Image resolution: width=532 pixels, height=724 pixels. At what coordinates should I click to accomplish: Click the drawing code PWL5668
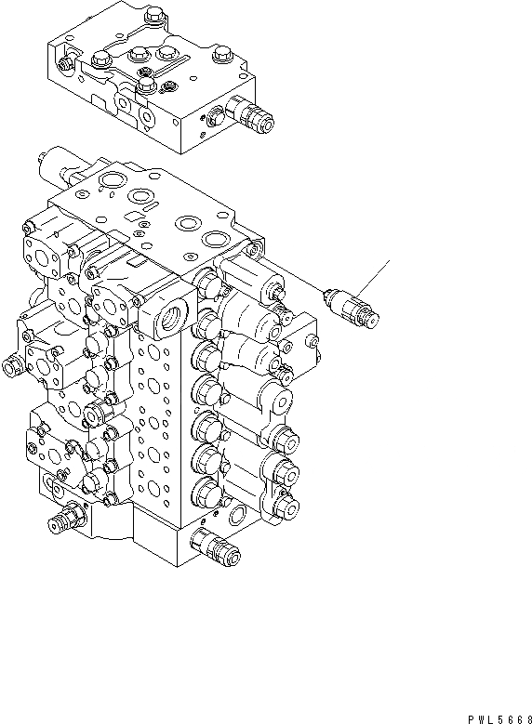[496, 715]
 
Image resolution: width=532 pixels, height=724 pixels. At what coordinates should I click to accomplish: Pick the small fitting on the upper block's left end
[64, 63]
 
